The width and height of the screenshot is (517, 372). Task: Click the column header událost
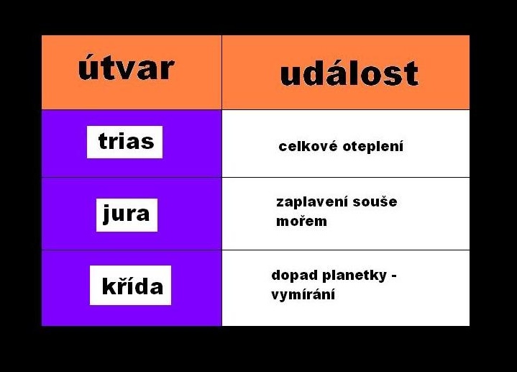(349, 73)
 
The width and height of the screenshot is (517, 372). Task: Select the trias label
(126, 141)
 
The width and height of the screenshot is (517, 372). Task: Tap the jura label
(127, 214)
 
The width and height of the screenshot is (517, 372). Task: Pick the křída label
(132, 286)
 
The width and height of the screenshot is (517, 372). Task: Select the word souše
(375, 202)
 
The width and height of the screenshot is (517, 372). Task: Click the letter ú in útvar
(87, 68)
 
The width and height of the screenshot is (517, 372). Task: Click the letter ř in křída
(122, 286)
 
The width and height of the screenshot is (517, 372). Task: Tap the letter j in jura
(106, 214)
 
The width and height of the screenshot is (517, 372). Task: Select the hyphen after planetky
(393, 276)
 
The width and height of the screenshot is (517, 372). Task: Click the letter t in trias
(102, 141)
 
